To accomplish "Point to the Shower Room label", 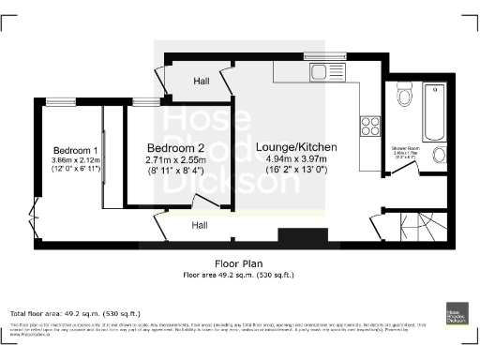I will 405,148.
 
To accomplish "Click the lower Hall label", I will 200,225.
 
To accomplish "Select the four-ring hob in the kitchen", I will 370,125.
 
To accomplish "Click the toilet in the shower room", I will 405,95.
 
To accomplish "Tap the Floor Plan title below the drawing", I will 237,264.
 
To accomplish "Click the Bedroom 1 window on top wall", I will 63,100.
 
